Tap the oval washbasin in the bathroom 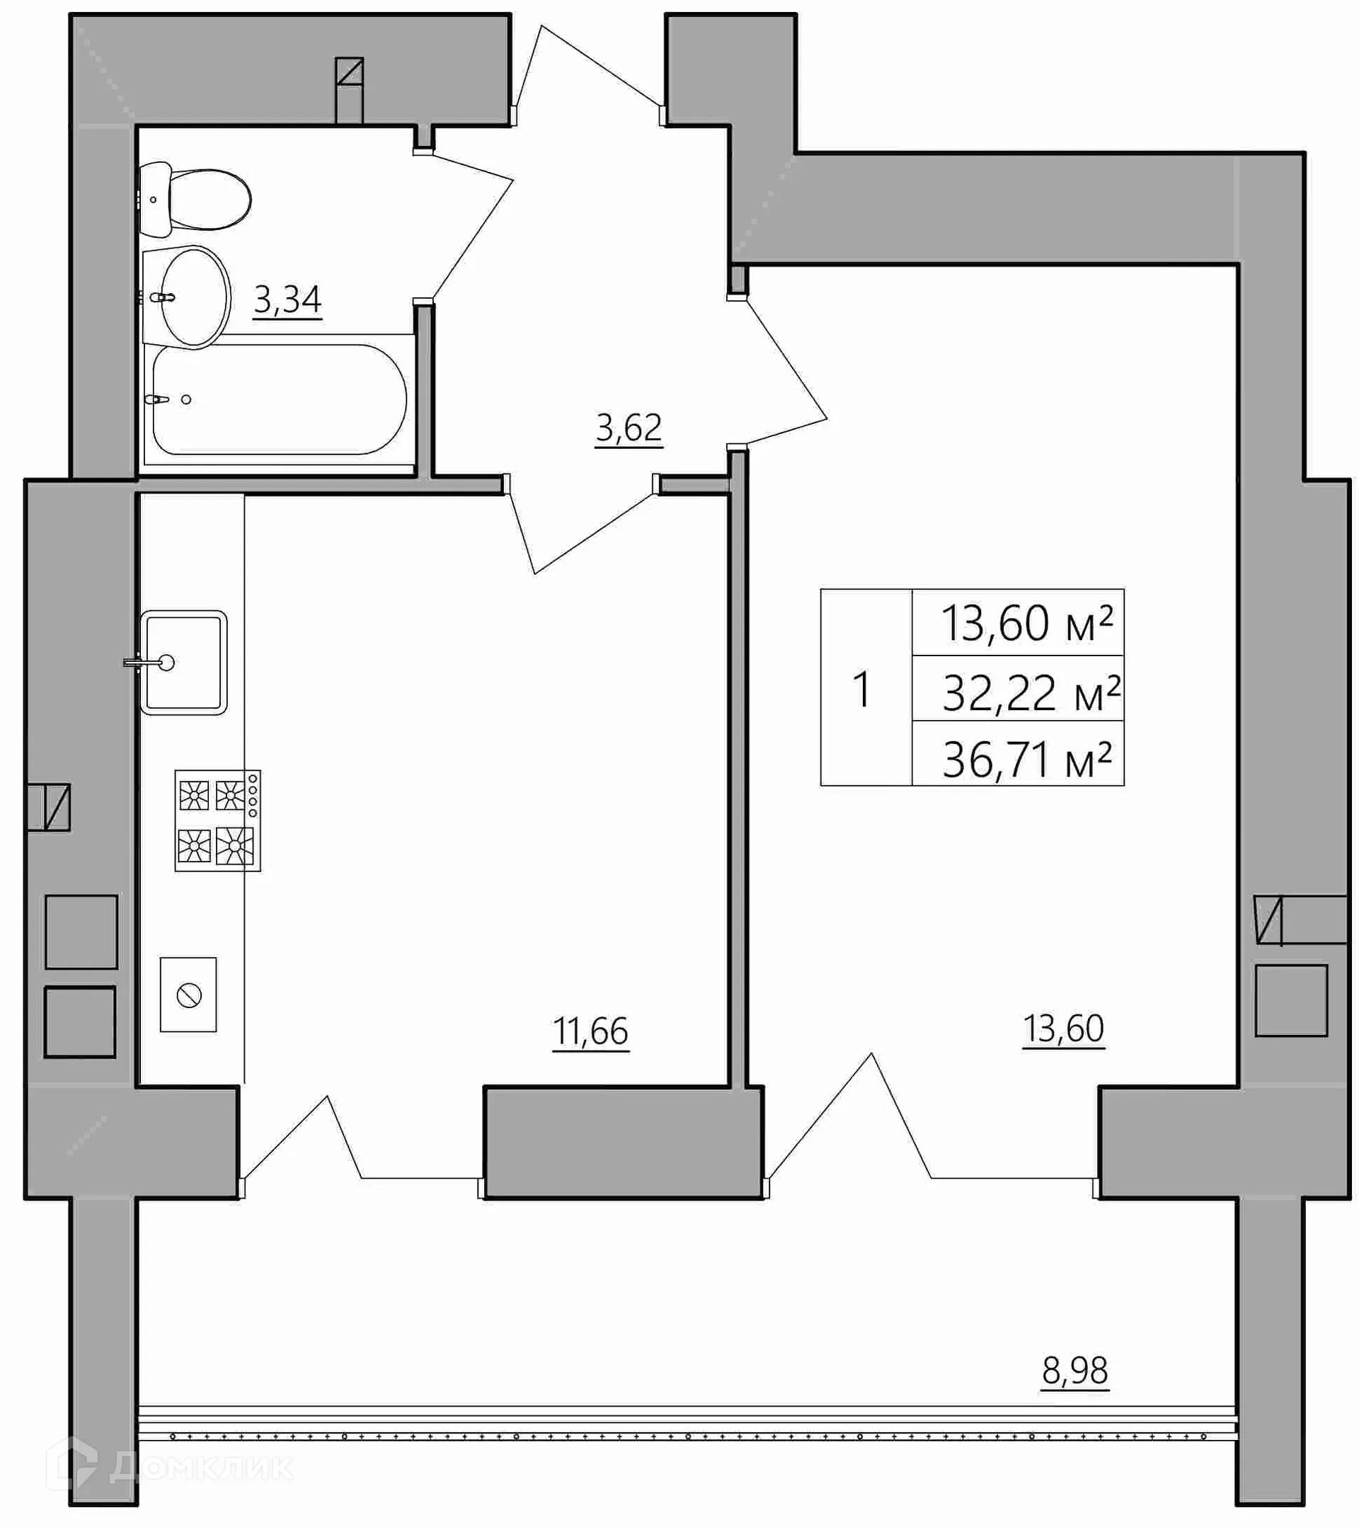[x=193, y=297]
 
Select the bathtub [x=279, y=400]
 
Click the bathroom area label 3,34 [x=287, y=301]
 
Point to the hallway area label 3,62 [x=629, y=429]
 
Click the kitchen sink [x=183, y=663]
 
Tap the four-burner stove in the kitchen [x=217, y=820]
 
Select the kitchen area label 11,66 [x=590, y=1033]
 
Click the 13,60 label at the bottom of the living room [x=1063, y=1029]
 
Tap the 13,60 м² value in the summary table [x=1027, y=623]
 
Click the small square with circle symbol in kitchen [x=188, y=995]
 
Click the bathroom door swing [x=464, y=228]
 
